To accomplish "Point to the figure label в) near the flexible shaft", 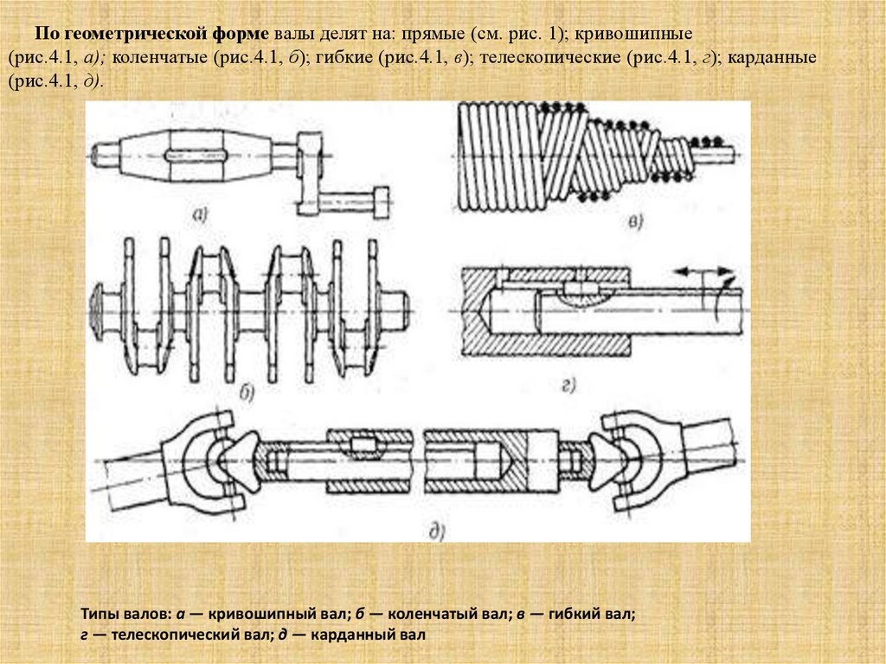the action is (636, 224).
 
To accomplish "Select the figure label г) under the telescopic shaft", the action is (570, 384).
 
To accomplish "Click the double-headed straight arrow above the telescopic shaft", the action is (700, 272).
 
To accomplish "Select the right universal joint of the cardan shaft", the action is (629, 455).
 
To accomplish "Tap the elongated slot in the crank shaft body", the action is (194, 157).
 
